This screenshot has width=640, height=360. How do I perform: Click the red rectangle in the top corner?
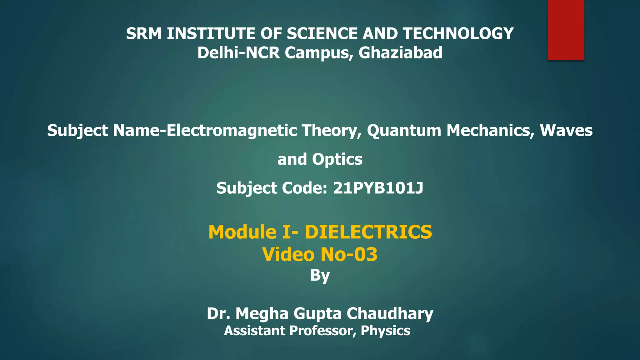566,30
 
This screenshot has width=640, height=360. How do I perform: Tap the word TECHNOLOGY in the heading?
458,34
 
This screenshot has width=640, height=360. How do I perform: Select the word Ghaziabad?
400,53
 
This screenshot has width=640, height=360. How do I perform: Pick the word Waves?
566,130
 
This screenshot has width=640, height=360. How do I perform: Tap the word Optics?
337,159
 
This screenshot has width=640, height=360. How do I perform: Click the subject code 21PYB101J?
378,188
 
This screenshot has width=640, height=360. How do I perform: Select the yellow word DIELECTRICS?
368,232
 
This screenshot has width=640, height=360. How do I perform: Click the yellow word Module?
242,232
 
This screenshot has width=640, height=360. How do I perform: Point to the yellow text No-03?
349,254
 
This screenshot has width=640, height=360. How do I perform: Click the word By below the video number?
320,276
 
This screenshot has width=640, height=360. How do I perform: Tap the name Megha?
262,313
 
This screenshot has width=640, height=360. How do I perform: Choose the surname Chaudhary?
390,313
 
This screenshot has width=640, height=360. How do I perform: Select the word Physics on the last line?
385,331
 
